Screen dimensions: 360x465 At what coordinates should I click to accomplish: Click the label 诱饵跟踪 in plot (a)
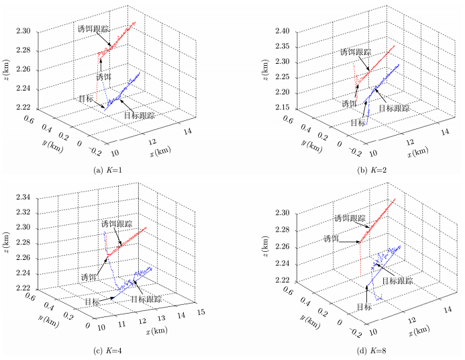pos(93,29)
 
